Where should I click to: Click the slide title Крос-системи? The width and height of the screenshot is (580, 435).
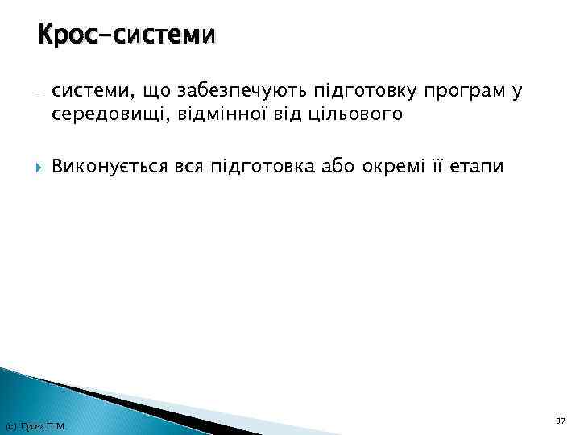(126, 35)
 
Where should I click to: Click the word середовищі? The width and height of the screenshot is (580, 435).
(105, 115)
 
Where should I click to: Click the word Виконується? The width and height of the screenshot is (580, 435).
(109, 167)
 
